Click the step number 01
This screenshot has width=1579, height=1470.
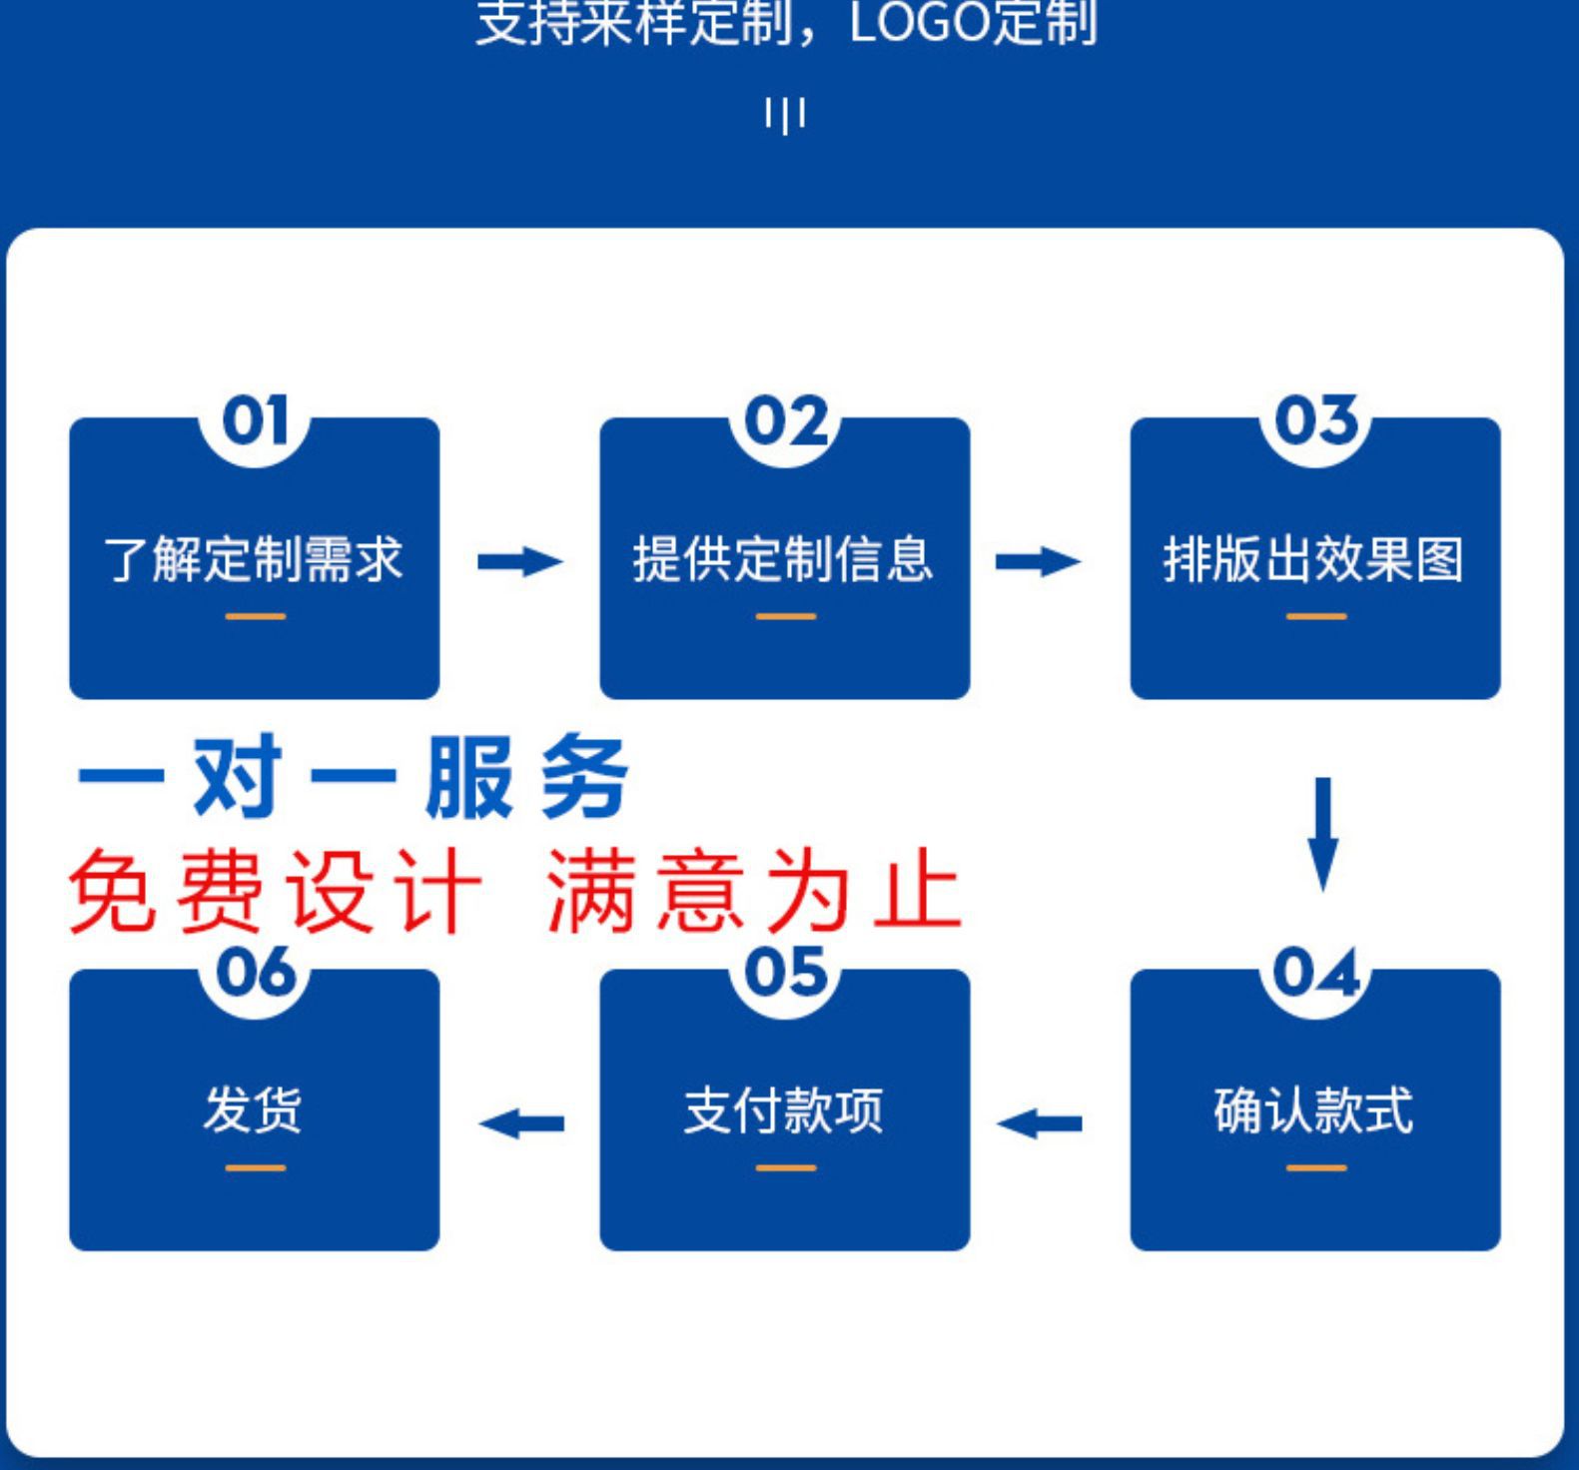click(255, 421)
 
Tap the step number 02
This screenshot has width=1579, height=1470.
click(786, 421)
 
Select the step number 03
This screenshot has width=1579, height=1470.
click(1316, 421)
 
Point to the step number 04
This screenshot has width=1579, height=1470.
click(1316, 973)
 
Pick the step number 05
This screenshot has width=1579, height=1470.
click(786, 973)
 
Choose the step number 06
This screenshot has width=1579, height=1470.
click(255, 973)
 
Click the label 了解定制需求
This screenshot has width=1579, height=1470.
click(254, 559)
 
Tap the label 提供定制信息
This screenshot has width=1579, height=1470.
click(784, 559)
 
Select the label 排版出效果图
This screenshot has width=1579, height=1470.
click(1314, 559)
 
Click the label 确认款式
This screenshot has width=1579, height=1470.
click(1314, 1110)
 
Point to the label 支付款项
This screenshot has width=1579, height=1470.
click(784, 1110)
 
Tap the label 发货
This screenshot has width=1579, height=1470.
click(253, 1110)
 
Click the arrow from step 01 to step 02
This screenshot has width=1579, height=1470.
click(519, 561)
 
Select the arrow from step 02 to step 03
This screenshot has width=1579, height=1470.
click(1038, 561)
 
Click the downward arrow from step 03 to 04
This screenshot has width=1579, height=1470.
click(1323, 833)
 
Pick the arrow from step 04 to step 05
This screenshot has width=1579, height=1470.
click(1039, 1124)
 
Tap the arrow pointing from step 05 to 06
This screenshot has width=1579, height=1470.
click(521, 1124)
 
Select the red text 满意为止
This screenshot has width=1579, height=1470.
click(754, 891)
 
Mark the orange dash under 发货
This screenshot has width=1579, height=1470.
click(255, 1167)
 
